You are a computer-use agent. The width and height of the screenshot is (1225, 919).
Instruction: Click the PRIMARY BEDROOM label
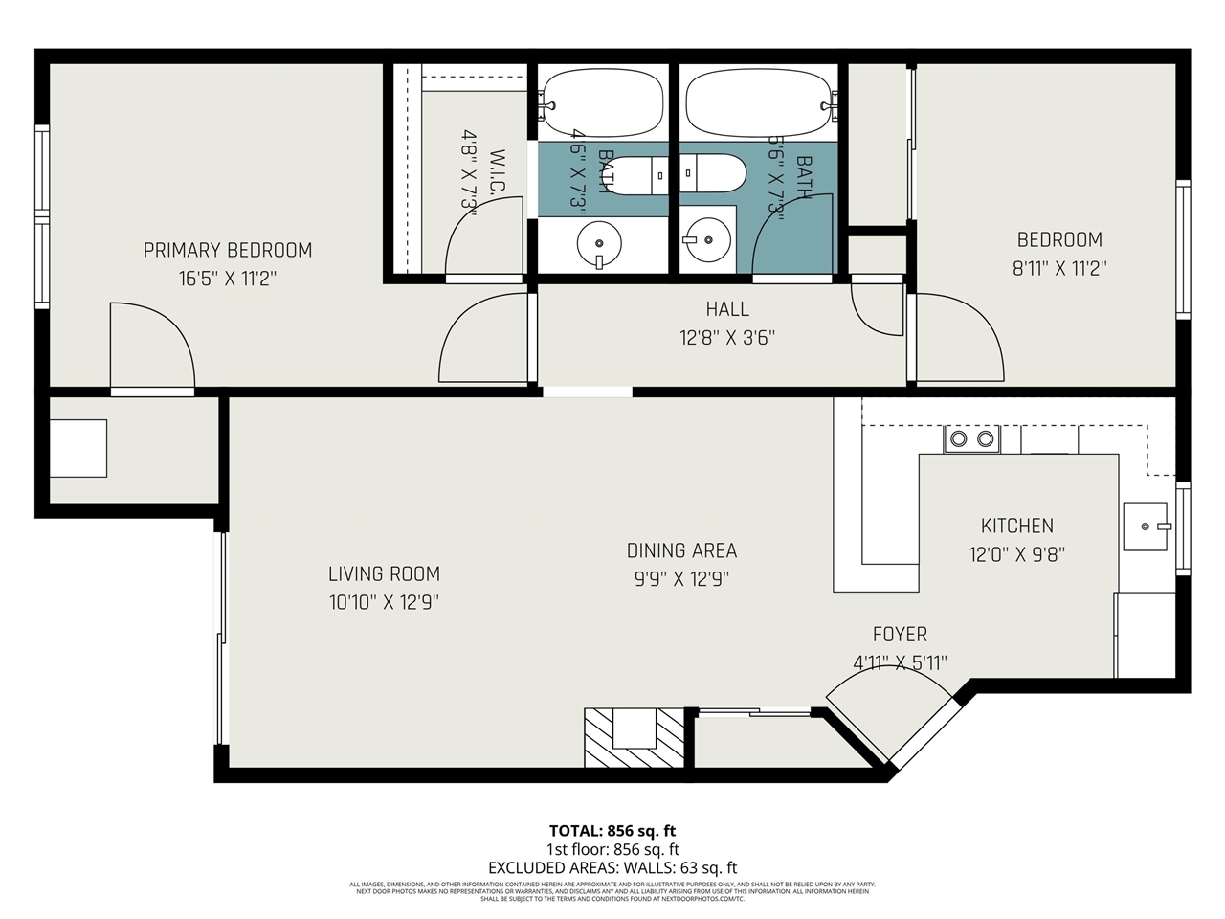point(228,251)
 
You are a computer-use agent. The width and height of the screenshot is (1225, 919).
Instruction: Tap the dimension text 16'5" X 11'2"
point(228,279)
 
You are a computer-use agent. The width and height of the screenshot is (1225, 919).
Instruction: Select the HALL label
point(727,309)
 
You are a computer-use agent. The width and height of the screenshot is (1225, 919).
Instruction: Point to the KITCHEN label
point(1017,526)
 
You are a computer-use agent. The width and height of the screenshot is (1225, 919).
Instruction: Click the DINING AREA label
point(681,550)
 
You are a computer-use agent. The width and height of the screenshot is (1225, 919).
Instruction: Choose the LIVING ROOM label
point(384,574)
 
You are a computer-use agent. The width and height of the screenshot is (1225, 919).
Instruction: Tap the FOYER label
point(900,635)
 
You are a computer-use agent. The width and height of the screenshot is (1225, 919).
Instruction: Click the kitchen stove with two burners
point(970,439)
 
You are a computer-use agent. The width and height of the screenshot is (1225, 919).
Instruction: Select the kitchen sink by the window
point(1146,527)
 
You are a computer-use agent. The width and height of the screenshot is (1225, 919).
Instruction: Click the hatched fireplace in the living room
point(635,736)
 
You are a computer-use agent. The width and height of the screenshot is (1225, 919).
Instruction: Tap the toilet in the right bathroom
point(714,173)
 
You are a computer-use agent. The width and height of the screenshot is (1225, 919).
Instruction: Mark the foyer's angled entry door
point(890,713)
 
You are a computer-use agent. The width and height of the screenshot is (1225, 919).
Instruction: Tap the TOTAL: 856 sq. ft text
point(612,831)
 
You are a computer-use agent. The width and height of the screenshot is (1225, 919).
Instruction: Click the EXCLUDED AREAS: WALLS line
point(612,868)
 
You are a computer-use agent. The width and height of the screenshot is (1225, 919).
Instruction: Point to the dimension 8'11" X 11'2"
point(1058,269)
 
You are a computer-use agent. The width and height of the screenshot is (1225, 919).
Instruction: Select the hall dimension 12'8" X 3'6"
point(727,337)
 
